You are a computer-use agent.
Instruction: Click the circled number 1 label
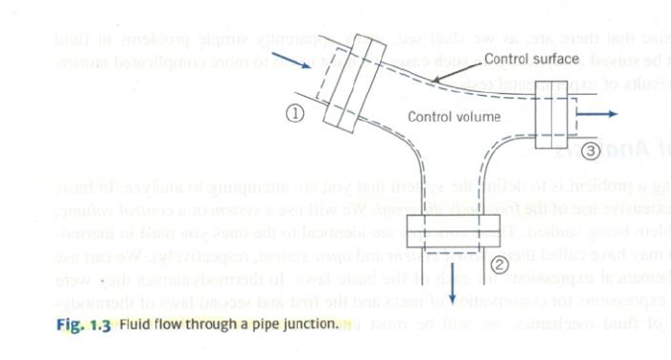(x=294, y=113)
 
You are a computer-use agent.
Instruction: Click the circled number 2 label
(x=500, y=264)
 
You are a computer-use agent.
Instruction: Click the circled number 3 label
(x=591, y=151)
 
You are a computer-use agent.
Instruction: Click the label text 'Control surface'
(x=529, y=59)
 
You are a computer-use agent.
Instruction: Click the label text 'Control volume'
(x=455, y=118)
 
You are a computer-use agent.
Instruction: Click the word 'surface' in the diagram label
(x=556, y=59)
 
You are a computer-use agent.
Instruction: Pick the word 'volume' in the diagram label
(x=479, y=118)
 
